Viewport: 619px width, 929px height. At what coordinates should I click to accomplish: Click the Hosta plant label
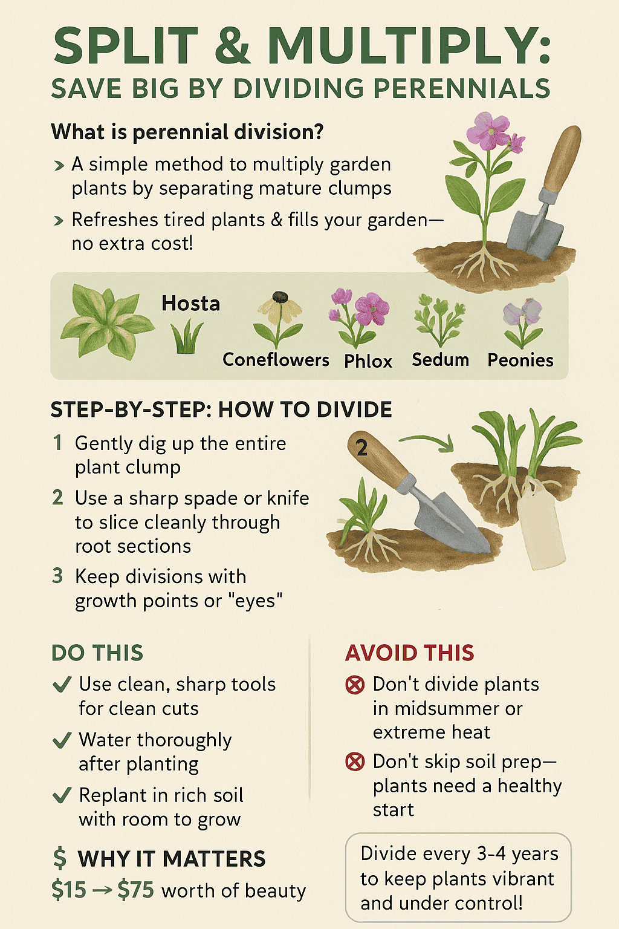pyautogui.click(x=190, y=304)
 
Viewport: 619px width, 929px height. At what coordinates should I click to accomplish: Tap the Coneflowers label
pyautogui.click(x=276, y=360)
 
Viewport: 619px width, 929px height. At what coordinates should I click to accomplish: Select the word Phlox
pyautogui.click(x=368, y=361)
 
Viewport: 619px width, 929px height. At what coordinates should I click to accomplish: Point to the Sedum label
pyautogui.click(x=440, y=360)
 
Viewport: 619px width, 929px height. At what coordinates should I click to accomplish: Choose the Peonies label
pyautogui.click(x=520, y=360)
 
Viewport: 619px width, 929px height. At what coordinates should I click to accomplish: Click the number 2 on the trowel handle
pyautogui.click(x=362, y=448)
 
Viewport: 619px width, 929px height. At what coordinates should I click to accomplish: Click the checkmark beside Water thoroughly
pyautogui.click(x=62, y=740)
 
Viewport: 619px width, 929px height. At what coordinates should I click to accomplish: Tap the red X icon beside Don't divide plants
pyautogui.click(x=355, y=685)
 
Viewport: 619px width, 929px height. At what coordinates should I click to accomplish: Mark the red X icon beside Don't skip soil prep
pyautogui.click(x=355, y=761)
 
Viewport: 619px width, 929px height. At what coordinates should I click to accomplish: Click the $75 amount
pyautogui.click(x=135, y=890)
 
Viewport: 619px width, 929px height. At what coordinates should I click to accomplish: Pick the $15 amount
pyautogui.click(x=69, y=890)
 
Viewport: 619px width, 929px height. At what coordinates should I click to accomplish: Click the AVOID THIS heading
pyautogui.click(x=410, y=653)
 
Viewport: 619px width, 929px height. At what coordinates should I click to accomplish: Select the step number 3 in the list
pyautogui.click(x=57, y=576)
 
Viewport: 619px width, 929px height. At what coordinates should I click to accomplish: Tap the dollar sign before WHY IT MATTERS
pyautogui.click(x=60, y=858)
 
